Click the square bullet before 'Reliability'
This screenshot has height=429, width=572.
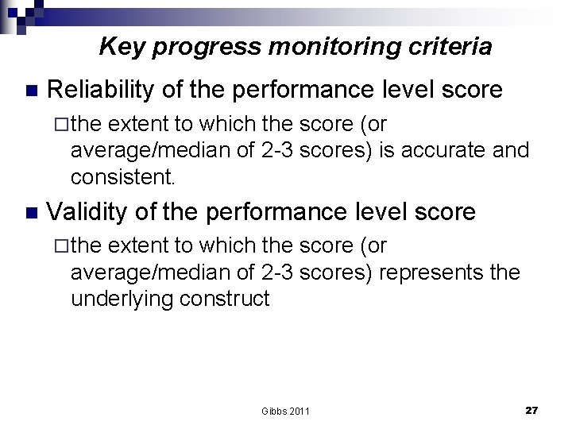click(31, 90)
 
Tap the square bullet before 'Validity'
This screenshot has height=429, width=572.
click(31, 212)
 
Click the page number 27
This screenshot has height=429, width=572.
click(531, 410)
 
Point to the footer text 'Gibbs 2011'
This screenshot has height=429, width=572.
click(285, 411)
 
